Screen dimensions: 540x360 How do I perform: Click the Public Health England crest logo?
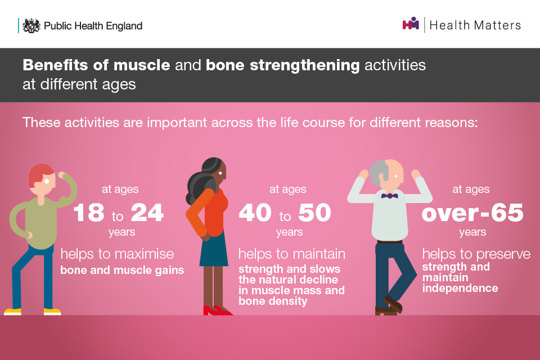pos(31,25)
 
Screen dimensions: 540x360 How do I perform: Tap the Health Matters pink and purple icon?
pos(411,24)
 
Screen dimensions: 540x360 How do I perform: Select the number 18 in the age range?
pos(89,213)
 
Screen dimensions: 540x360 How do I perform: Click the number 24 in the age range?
pos(147,213)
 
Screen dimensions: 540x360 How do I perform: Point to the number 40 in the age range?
pos(255,213)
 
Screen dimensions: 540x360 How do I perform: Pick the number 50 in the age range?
pos(314,213)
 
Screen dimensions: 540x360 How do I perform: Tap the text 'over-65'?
pos(472,213)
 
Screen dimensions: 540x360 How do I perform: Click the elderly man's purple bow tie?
pos(389,196)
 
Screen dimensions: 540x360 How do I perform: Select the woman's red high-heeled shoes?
pos(218,310)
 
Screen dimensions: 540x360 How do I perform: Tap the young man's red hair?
pos(40,173)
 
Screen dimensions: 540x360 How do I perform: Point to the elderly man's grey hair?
pos(378,172)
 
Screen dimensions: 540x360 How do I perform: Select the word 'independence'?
pos(460,288)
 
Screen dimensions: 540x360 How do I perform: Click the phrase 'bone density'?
pos(273,301)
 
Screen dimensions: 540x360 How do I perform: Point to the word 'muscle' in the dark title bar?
pos(142,65)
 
